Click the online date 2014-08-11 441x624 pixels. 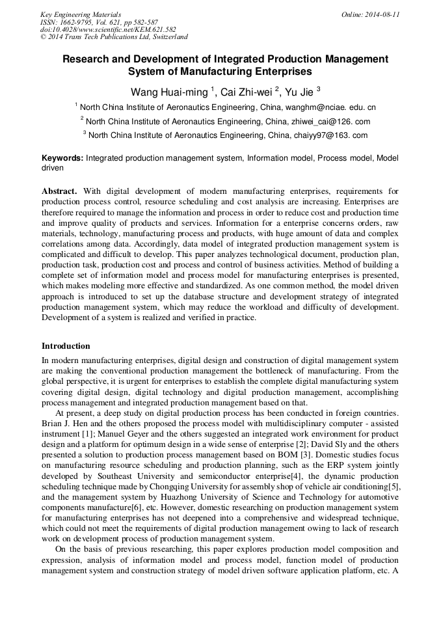click(379, 14)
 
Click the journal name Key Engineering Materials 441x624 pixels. click(81, 14)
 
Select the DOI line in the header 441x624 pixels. click(108, 29)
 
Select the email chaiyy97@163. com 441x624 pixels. click(330, 135)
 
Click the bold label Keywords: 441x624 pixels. click(62, 158)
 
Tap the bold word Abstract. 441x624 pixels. click(60, 191)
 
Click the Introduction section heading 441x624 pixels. click(66, 346)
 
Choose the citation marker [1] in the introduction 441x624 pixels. click(85, 433)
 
